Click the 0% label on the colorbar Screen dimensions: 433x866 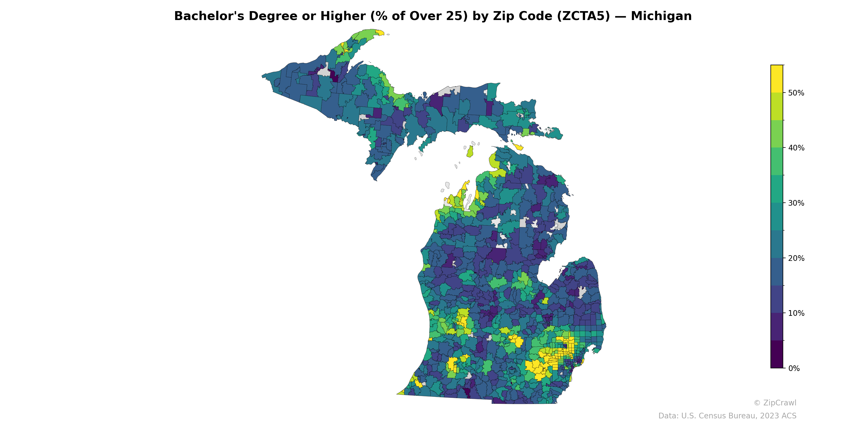pyautogui.click(x=794, y=368)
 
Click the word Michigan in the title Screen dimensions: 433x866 pyautogui.click(x=661, y=16)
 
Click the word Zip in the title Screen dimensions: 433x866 pyautogui.click(x=504, y=16)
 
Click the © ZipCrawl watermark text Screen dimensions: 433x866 pyautogui.click(x=775, y=403)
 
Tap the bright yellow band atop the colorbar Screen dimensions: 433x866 pyautogui.click(x=777, y=79)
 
